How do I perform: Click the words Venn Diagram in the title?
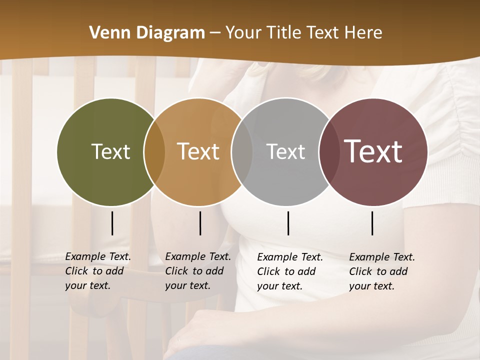(147, 33)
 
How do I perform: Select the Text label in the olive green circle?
(110, 151)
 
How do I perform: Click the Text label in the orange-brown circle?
(198, 151)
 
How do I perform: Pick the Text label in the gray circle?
(285, 151)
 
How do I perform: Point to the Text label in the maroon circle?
(373, 151)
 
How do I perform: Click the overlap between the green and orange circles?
(154, 152)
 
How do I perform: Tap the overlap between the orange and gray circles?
(242, 152)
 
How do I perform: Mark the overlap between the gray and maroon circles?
(328, 152)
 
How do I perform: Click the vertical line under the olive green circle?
(112, 223)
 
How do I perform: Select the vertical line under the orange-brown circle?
(200, 223)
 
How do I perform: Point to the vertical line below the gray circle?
(288, 223)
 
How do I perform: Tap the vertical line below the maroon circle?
(372, 223)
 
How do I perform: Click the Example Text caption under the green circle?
(97, 271)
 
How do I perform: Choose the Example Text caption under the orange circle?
(197, 271)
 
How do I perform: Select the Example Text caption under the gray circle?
(289, 271)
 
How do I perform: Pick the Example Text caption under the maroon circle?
(381, 271)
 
